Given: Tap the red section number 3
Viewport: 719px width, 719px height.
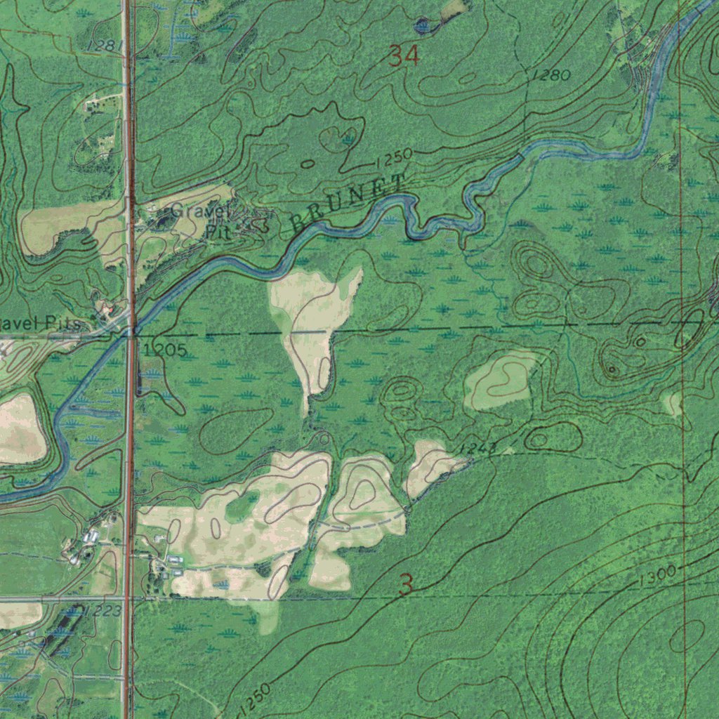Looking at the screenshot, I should (405, 584).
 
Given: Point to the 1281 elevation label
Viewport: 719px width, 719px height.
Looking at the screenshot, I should (105, 46).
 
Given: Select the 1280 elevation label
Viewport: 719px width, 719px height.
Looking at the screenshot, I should (550, 75).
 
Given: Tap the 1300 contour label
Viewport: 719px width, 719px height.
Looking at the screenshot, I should (657, 576).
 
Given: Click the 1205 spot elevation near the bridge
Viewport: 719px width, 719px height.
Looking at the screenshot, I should (164, 350).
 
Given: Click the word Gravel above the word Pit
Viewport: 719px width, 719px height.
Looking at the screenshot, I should (199, 210).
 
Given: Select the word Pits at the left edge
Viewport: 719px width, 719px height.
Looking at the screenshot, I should (63, 324).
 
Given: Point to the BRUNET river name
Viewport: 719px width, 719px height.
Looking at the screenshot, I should (348, 204).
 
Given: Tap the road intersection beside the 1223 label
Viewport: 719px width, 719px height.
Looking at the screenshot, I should (128, 599).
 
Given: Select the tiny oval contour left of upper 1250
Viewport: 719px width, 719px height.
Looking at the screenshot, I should (308, 164).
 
